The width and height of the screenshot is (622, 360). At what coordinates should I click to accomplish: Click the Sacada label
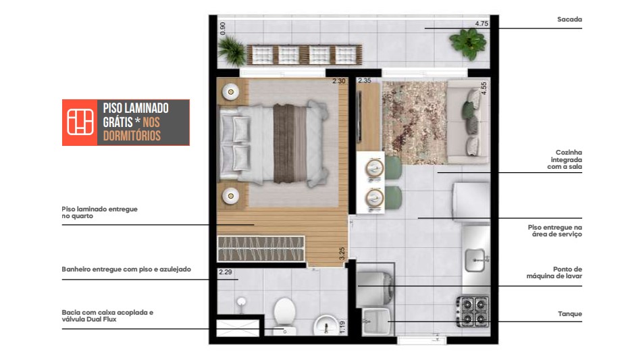pyautogui.click(x=569, y=20)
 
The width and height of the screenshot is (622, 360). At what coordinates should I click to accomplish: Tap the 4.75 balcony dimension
pyautogui.click(x=481, y=24)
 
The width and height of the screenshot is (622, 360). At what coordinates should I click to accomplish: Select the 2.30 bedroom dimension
pyautogui.click(x=338, y=82)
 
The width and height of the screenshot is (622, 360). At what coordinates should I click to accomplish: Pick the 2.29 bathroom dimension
pyautogui.click(x=226, y=273)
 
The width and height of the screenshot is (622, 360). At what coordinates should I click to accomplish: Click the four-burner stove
pyautogui.click(x=473, y=311)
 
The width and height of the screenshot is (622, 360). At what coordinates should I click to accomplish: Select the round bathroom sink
pyautogui.click(x=326, y=324)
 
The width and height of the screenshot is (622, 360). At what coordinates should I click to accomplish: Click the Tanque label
pyautogui.click(x=569, y=314)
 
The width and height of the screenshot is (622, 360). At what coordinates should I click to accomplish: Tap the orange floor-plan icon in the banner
pyautogui.click(x=80, y=122)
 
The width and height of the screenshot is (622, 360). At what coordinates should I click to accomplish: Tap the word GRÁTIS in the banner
pyautogui.click(x=119, y=122)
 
